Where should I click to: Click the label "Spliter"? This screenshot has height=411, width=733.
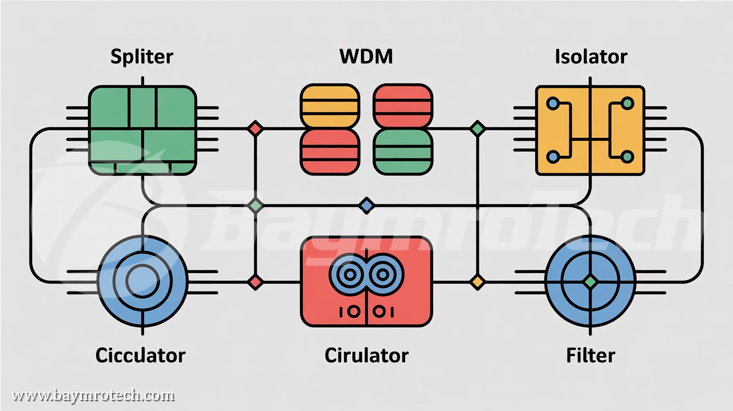142,56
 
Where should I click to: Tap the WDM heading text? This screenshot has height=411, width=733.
366,56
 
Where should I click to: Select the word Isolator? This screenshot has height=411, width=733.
591,56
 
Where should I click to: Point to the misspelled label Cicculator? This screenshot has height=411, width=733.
140,355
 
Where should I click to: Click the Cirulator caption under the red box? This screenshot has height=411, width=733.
366,355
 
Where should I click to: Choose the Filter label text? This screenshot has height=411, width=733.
591,355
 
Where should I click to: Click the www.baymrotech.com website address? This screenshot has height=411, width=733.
93,396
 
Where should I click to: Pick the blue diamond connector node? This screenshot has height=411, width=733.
366,205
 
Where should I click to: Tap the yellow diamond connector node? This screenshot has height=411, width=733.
477,282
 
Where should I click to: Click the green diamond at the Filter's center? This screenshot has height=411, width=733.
590,282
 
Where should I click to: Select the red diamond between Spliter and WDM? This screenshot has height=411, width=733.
255,128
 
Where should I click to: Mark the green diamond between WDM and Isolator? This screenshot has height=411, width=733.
477,128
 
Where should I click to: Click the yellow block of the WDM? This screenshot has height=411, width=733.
329,105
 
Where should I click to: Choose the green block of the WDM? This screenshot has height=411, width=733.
402,151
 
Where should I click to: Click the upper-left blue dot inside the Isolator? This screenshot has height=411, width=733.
553,103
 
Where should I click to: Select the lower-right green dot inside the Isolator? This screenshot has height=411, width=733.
627,156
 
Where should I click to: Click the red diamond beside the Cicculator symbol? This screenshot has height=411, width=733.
255,282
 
